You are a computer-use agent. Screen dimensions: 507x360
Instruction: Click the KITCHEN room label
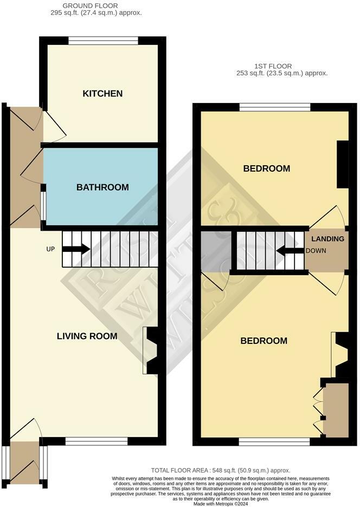coord(102,94)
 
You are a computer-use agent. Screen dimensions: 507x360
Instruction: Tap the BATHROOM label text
coord(102,187)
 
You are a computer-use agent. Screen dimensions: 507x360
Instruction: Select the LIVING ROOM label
coord(87,336)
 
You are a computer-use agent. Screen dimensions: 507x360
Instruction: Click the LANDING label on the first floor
coord(327,239)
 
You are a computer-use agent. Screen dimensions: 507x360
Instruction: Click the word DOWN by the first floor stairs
coord(316,251)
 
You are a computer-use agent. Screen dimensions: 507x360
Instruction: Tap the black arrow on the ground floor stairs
coord(76,249)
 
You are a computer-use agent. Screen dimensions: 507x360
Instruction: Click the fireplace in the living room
coord(152,350)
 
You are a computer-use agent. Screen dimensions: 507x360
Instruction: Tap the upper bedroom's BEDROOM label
coord(266,169)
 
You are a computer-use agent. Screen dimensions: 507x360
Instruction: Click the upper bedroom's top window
coord(275,107)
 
